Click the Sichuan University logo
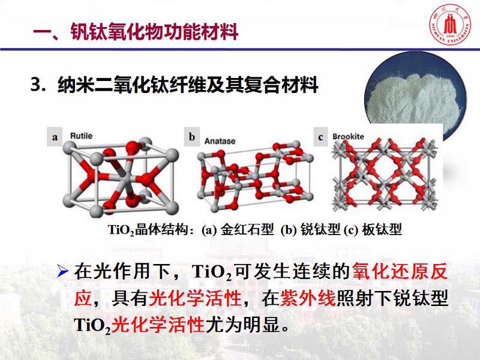tap(449, 25)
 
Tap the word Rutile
tap(81, 136)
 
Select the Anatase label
tap(220, 141)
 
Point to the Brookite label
tap(348, 137)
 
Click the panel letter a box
tap(55, 137)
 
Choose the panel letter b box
tap(192, 137)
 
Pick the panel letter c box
tap(320, 137)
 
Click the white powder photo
tap(415, 92)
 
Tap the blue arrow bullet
tap(62, 271)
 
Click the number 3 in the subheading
tap(36, 85)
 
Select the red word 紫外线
tap(308, 298)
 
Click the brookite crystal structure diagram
tap(385, 175)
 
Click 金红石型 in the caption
tap(247, 229)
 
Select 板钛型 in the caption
tap(382, 229)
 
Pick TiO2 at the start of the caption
tap(121, 230)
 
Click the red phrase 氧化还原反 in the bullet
tap(400, 271)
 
